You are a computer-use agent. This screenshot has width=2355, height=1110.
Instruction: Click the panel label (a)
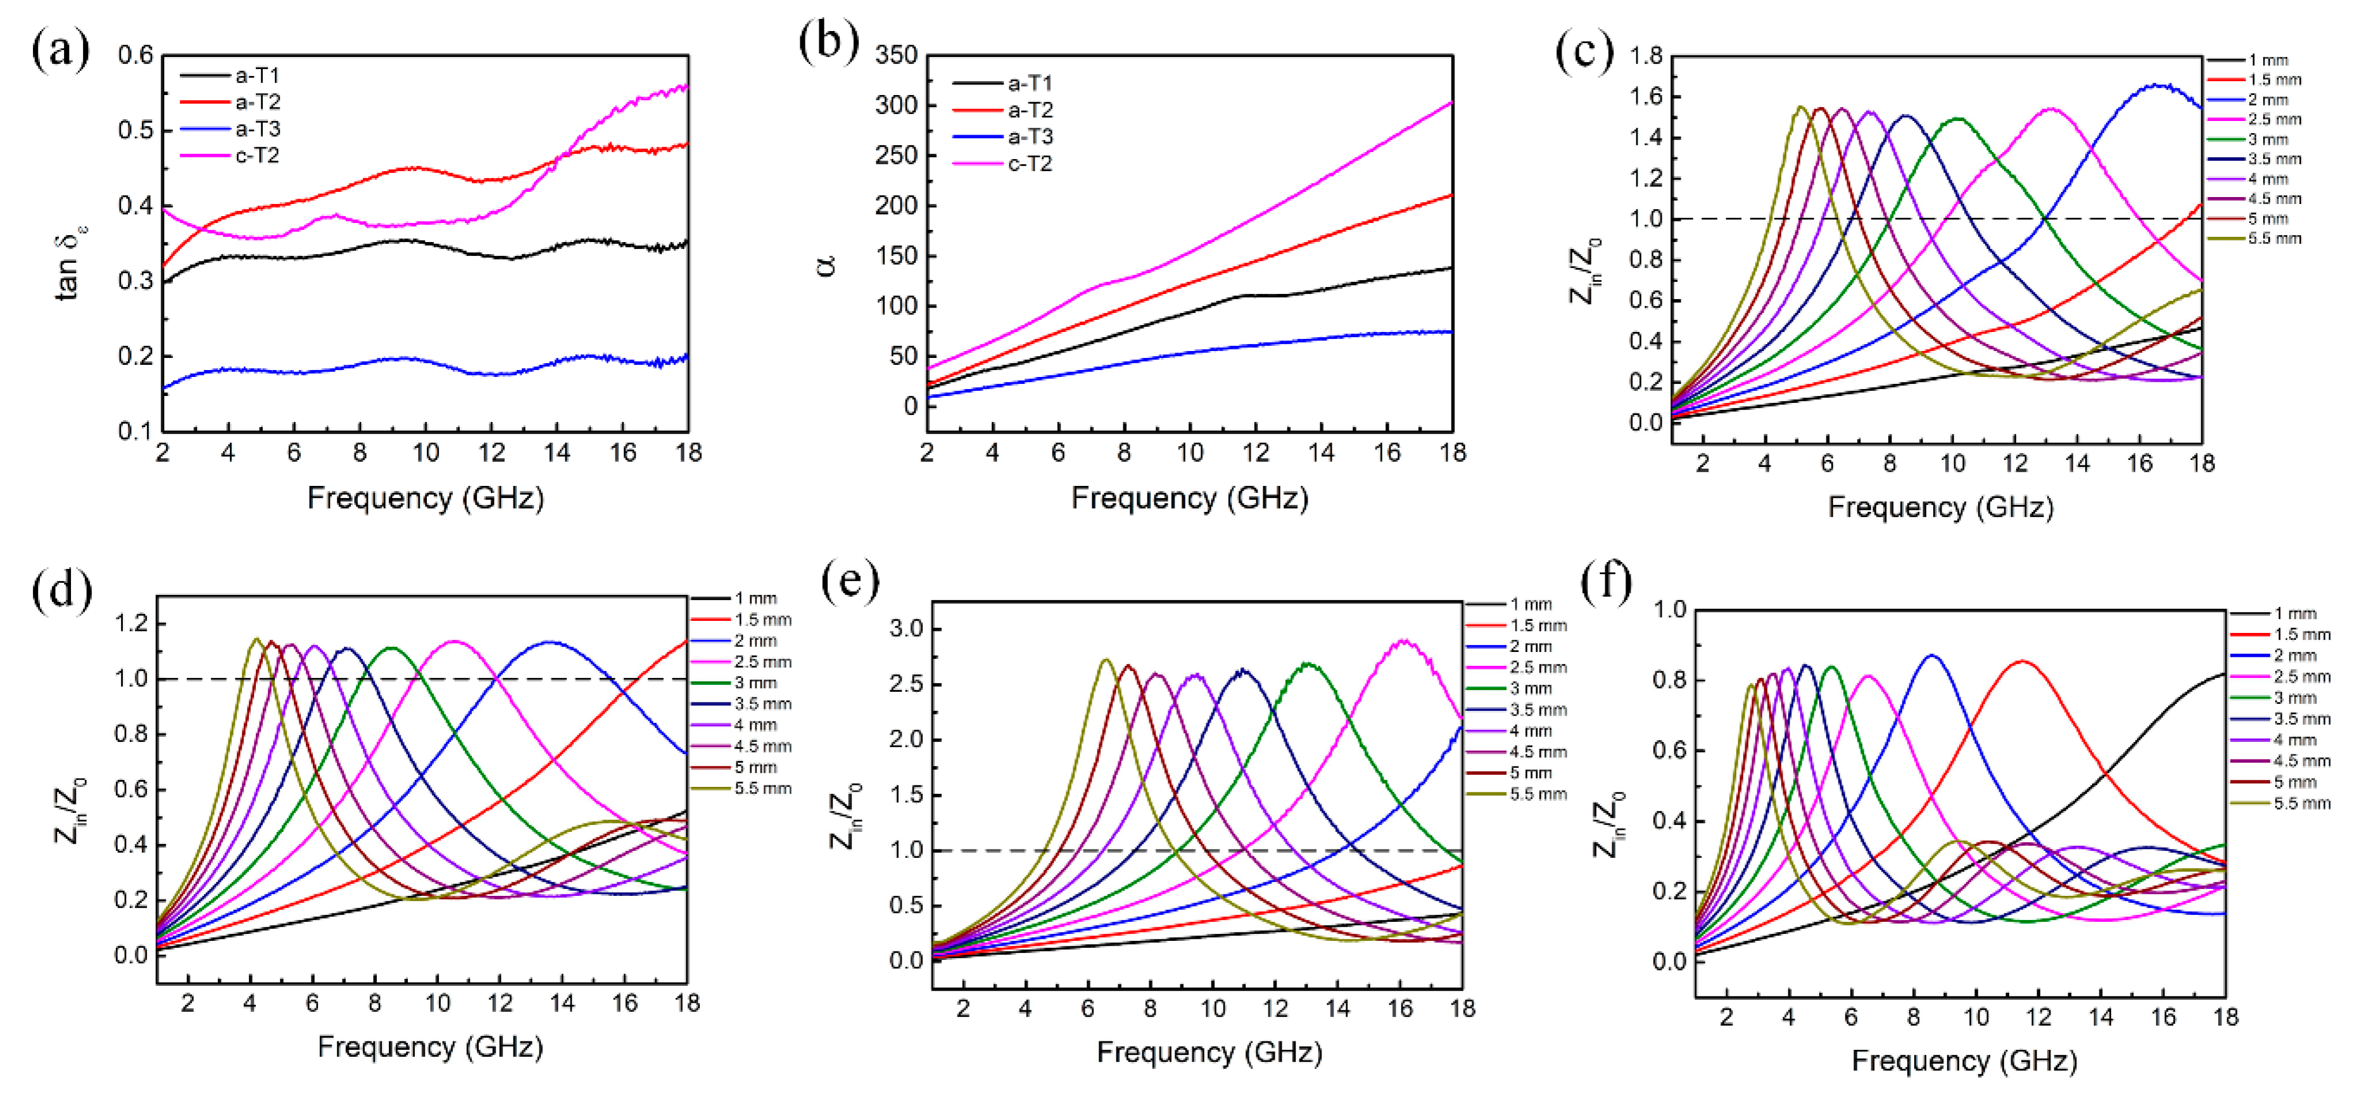[60, 49]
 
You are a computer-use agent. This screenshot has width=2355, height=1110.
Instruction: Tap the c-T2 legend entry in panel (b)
[1030, 163]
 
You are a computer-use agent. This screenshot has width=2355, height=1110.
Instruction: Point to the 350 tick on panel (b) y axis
[896, 55]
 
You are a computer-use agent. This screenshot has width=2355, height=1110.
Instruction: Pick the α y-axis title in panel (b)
[826, 266]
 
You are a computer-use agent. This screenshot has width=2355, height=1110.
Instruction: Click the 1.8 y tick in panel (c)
[1646, 56]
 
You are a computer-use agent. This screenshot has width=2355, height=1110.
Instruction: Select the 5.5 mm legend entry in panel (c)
[2275, 239]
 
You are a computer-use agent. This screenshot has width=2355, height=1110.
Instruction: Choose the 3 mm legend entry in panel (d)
[754, 683]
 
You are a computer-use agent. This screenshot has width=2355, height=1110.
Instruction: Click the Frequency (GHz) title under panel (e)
[1209, 1052]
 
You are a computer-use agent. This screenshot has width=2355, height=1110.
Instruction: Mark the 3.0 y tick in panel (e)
[907, 629]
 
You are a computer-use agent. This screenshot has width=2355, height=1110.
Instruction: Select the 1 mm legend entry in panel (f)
[2295, 613]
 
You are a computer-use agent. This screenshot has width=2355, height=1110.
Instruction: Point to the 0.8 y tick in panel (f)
[1669, 680]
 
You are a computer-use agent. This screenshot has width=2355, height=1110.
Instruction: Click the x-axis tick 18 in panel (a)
[688, 452]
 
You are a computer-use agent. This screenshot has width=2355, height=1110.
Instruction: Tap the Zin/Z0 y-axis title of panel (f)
[1610, 823]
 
